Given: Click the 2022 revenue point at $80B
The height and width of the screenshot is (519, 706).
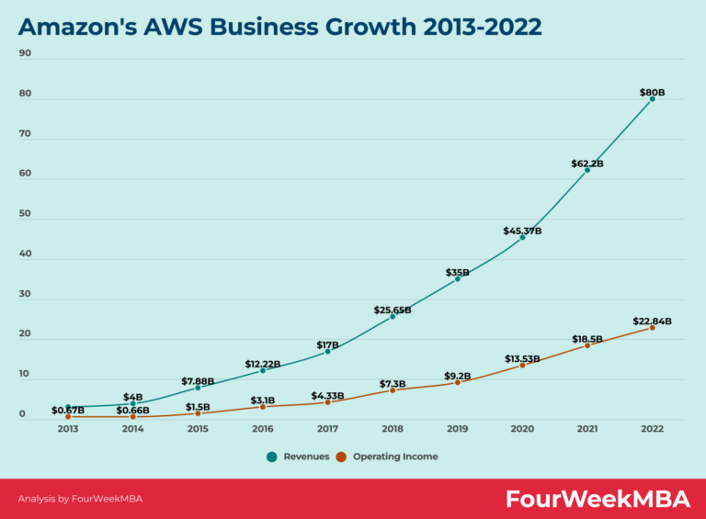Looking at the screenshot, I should coord(653,98).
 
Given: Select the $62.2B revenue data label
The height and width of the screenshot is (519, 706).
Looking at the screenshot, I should coord(586,164).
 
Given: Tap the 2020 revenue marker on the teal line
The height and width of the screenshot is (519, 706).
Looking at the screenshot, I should coord(522,237).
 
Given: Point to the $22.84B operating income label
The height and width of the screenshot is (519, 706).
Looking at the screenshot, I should coord(652,322).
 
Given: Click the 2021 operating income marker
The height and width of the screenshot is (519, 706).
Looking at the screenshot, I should coord(587,345).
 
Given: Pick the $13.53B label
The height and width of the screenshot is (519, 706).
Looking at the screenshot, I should coord(522,358).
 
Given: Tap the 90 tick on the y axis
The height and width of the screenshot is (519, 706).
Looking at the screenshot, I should coord(25,53).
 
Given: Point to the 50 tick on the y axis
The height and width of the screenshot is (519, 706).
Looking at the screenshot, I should coord(25,214).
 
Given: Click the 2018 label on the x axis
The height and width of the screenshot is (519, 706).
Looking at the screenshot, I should coord(393,428).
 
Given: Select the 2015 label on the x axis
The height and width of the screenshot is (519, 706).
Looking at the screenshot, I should coord(198,428).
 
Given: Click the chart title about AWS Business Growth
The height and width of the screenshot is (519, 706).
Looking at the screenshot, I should coord(279,26).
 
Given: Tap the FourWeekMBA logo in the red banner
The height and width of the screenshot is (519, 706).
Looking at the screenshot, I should coord(598,499).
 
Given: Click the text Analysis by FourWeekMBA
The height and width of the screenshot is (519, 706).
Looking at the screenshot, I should coord(80,499).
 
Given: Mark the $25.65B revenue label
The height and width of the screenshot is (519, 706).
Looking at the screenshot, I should coord(393,310).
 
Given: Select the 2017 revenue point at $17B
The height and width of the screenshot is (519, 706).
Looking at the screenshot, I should coord(327,352).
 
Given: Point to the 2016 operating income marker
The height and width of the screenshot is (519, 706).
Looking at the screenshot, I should coord(263,406).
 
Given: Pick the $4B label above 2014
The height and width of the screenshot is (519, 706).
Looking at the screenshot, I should coord(133,397).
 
